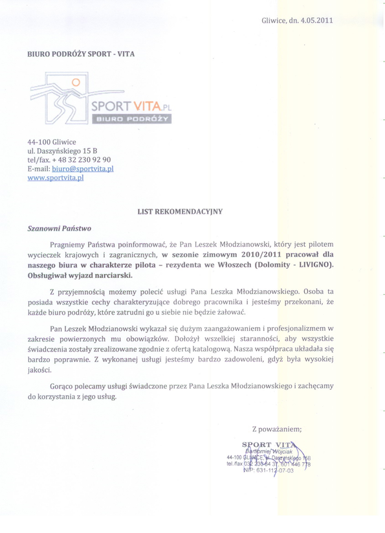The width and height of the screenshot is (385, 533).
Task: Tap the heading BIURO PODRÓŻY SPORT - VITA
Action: pos(80,54)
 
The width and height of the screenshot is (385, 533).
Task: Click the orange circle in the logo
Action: pos(76,82)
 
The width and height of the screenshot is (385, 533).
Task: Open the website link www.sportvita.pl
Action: pos(56,177)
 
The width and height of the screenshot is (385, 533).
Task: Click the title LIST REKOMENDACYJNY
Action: pos(179,211)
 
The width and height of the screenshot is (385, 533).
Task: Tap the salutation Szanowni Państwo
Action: pos(60,228)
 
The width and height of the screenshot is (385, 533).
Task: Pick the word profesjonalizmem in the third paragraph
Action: pos(296,328)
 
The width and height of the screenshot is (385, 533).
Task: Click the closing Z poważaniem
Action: pos(277,429)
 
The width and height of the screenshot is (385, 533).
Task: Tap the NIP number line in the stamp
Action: pos(269,471)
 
